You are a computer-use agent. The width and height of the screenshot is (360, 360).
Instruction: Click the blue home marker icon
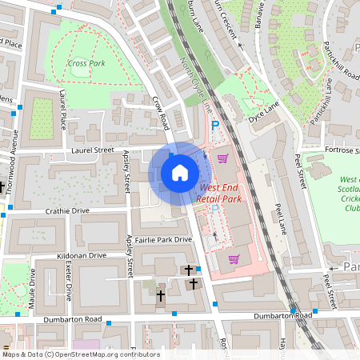[180, 172]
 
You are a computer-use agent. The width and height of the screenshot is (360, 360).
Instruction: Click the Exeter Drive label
[69, 284]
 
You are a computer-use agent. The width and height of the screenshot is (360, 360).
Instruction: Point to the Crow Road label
[162, 113]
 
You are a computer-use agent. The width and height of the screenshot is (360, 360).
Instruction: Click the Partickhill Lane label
[328, 98]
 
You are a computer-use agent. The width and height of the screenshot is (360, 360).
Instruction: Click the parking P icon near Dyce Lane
[214, 126]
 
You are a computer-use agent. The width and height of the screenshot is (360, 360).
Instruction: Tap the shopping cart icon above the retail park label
[222, 158]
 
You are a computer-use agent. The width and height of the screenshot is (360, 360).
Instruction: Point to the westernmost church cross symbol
[160, 296]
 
